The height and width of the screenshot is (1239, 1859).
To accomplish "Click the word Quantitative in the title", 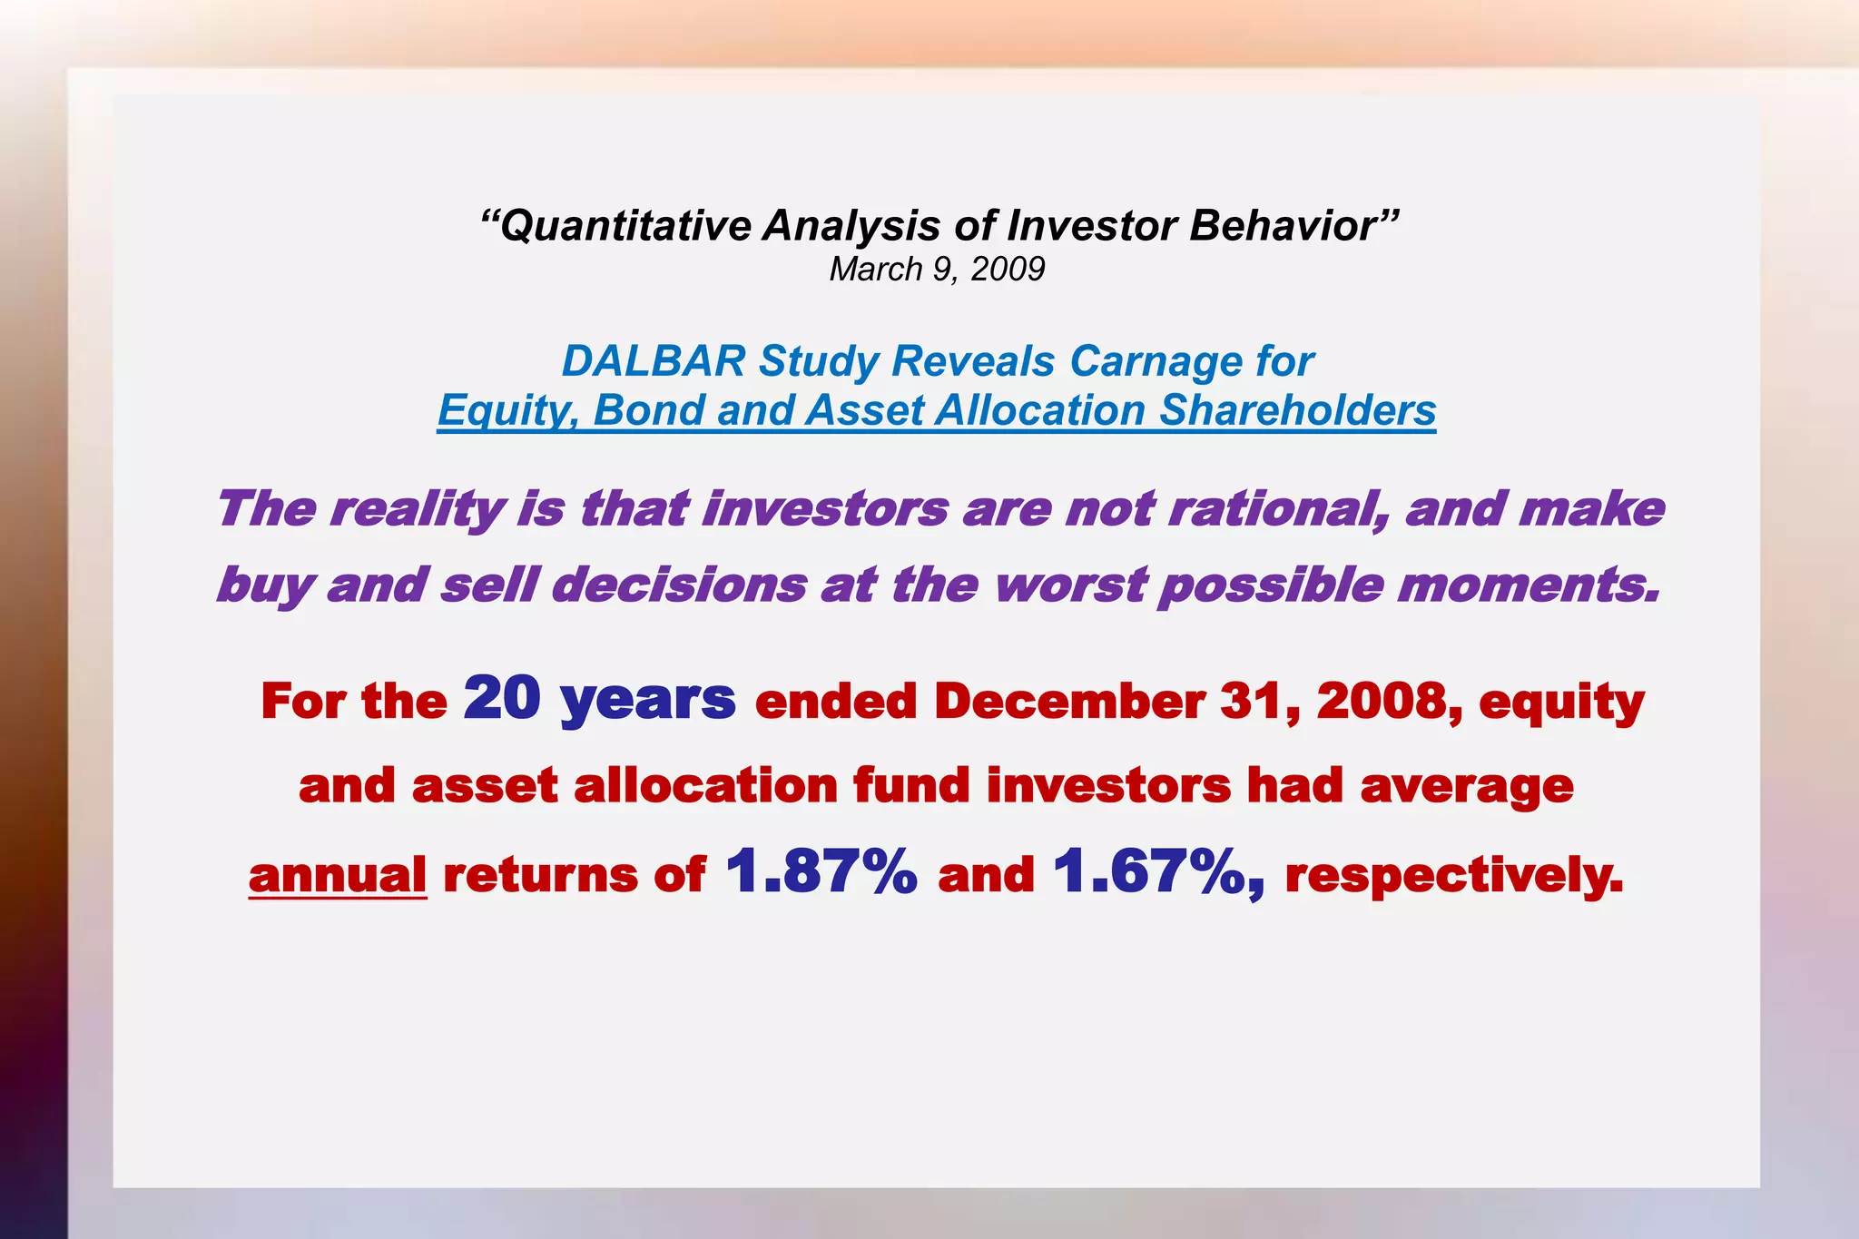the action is [x=625, y=226].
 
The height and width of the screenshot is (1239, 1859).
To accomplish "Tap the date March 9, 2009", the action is [x=937, y=270].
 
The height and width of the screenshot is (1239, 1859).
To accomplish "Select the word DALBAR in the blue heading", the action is [x=654, y=361].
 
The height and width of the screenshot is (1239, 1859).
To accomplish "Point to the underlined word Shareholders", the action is [x=1297, y=410].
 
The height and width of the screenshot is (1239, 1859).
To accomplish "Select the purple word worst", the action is [x=1071, y=585].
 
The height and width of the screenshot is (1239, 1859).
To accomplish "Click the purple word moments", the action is [x=1529, y=585].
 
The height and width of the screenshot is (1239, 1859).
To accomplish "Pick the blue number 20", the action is [x=502, y=699].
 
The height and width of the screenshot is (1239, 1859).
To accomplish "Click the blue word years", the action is [x=648, y=701].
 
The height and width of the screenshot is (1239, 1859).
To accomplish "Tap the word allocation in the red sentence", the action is [x=705, y=786].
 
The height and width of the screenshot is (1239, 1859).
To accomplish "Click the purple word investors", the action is [x=825, y=508].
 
